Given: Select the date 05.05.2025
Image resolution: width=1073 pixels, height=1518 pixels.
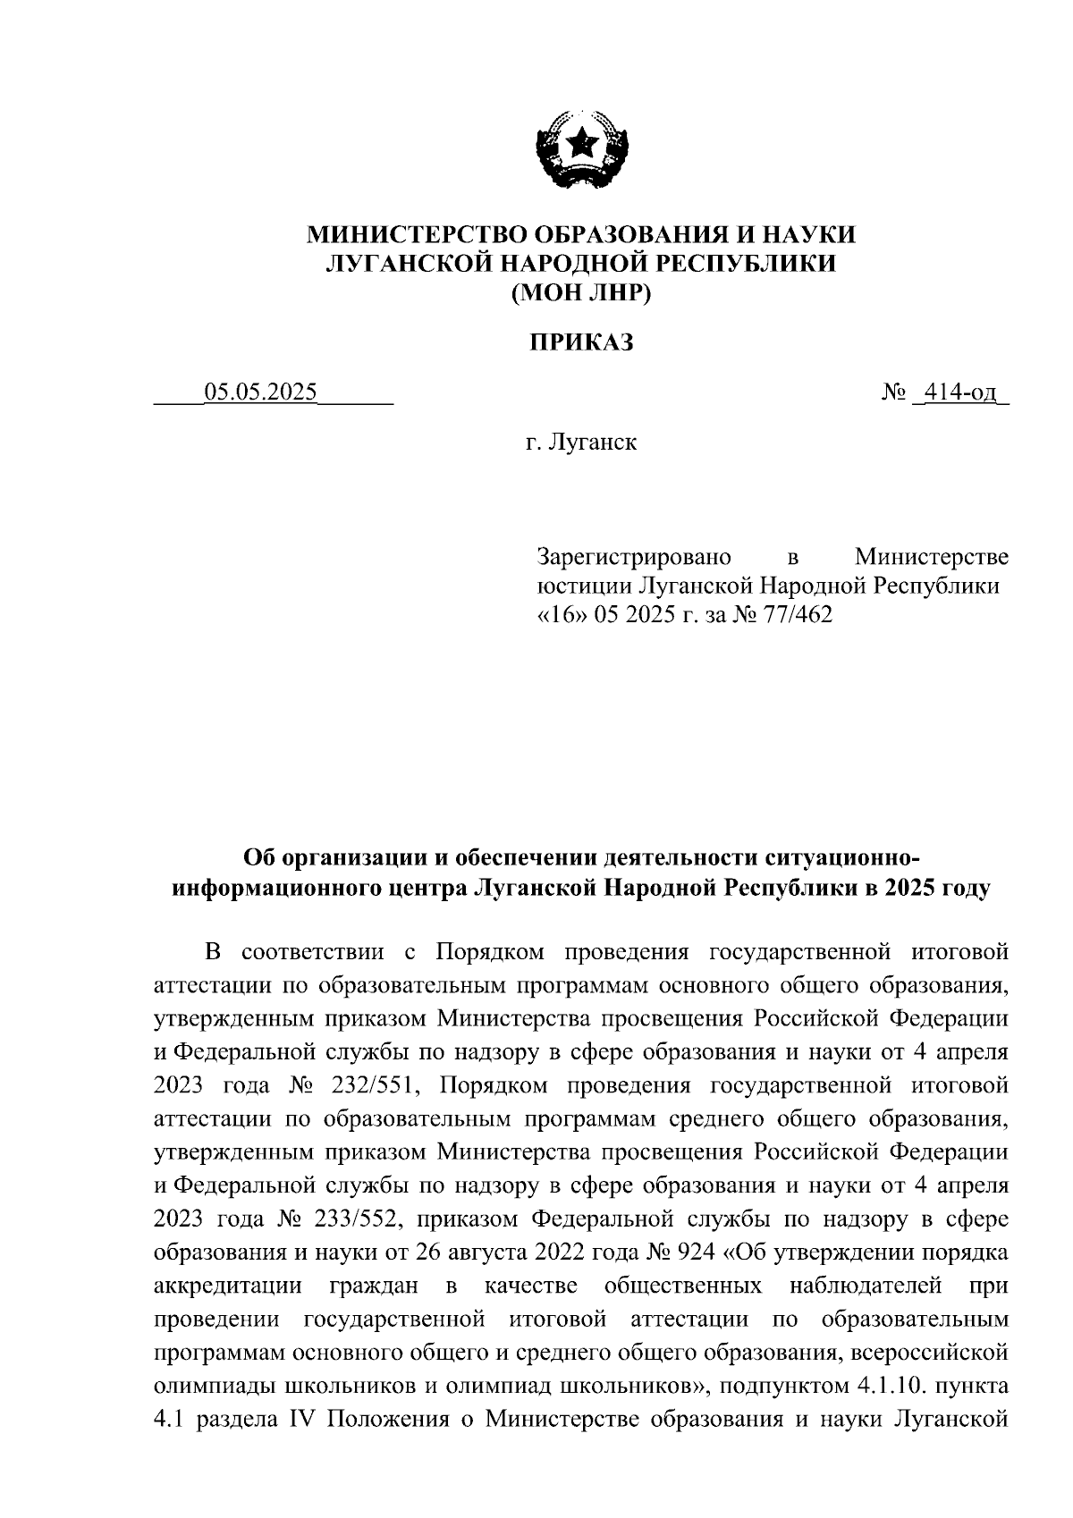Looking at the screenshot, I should [261, 392].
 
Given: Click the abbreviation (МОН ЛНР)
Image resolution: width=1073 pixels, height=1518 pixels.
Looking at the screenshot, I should [581, 292].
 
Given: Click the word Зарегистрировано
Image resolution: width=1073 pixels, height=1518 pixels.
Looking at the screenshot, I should [634, 557].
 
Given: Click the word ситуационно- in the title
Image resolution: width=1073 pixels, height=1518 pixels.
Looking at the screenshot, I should [842, 858].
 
